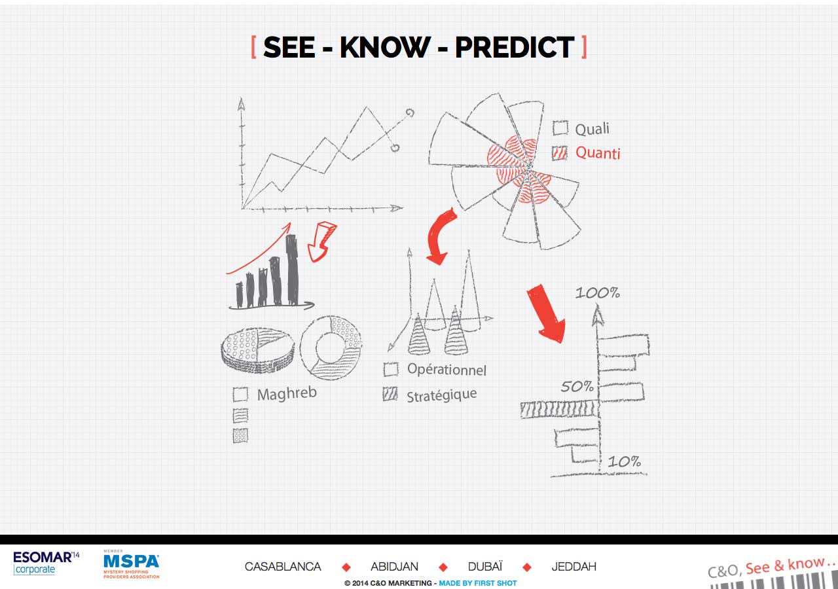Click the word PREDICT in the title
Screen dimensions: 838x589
click(x=515, y=47)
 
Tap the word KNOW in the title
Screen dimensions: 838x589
click(x=385, y=47)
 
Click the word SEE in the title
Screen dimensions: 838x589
click(x=289, y=47)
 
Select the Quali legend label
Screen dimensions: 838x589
click(x=592, y=129)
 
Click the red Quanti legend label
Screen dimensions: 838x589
click(x=598, y=153)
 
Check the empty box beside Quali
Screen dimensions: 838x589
click(x=560, y=128)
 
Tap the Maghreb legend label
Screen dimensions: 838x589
click(x=287, y=393)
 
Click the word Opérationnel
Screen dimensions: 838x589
click(x=446, y=370)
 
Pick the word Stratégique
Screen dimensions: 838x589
click(x=442, y=395)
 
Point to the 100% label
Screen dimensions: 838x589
click(x=598, y=293)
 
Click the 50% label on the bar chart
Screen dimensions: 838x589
click(x=577, y=386)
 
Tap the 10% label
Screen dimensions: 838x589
click(x=625, y=461)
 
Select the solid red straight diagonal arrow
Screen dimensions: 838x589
click(x=546, y=313)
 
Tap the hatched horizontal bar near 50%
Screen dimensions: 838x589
click(x=560, y=409)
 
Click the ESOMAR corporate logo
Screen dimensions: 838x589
click(x=46, y=563)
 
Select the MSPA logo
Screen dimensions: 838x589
click(x=132, y=564)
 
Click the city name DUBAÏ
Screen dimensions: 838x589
click(x=485, y=567)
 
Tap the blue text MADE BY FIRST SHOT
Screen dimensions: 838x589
click(x=478, y=583)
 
